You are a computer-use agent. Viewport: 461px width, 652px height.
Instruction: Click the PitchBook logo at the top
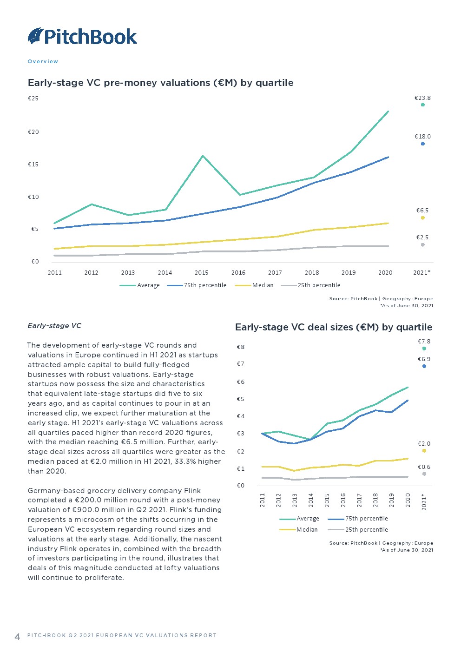coord(83,36)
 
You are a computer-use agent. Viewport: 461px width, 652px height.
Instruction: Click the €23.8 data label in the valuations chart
coord(422,98)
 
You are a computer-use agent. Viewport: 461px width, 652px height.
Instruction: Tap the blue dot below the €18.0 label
coord(423,144)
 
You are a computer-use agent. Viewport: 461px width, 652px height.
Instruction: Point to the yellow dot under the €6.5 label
coord(423,218)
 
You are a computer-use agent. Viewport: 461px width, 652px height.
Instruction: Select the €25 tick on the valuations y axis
coord(33,99)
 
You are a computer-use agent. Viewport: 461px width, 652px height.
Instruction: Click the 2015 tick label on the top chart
coord(202,273)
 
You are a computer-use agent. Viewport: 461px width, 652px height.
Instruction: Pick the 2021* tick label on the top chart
coord(421,273)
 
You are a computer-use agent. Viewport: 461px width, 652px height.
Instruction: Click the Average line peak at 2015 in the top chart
coord(203,156)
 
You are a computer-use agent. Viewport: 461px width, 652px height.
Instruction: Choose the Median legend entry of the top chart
coord(263,285)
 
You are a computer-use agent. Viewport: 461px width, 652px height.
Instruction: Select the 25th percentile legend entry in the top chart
coord(319,285)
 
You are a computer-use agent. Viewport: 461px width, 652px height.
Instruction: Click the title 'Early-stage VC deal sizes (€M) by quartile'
coord(333,327)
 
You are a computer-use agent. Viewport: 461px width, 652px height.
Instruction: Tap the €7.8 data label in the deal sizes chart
coord(424,342)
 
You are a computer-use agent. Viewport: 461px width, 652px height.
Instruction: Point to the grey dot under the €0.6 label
coord(424,474)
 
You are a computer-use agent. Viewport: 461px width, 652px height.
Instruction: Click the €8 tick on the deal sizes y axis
coord(241,347)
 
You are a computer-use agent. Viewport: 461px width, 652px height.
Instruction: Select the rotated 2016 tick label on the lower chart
coord(343,500)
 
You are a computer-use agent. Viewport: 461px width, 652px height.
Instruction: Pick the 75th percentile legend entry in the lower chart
coord(366,519)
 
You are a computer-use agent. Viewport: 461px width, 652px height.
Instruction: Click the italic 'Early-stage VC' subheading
coord(54,326)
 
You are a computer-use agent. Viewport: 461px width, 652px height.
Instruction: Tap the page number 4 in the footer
coord(18,637)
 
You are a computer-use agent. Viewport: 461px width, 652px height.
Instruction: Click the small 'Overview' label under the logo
coord(43,61)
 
